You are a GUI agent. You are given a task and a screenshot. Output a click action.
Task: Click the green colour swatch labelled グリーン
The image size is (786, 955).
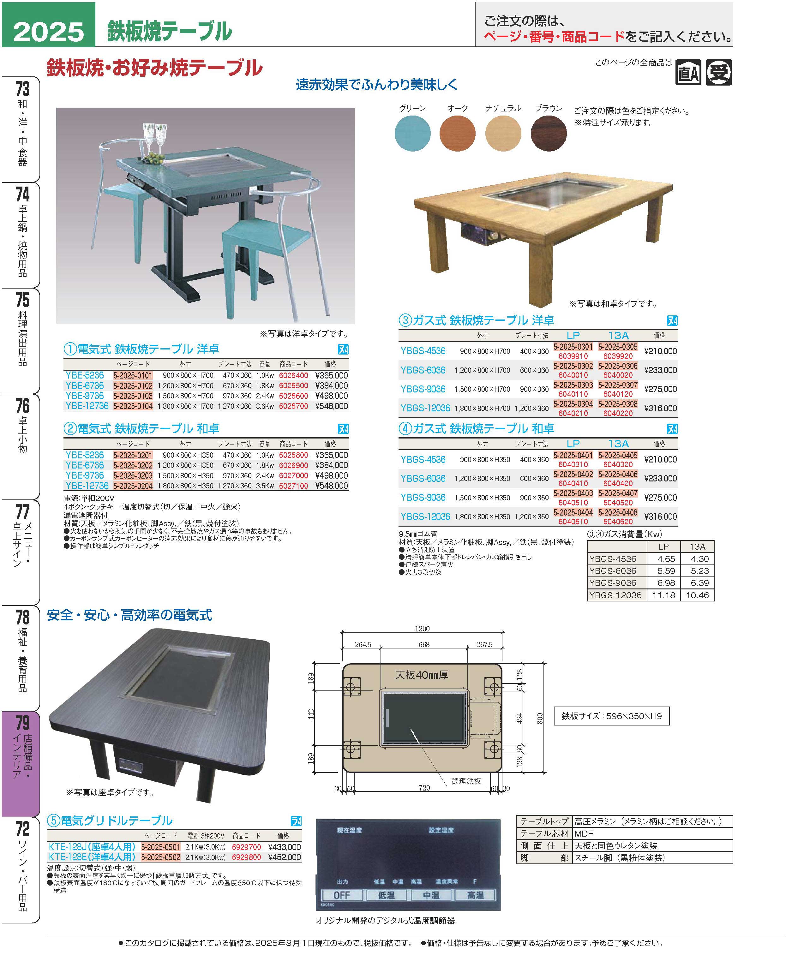click(412, 133)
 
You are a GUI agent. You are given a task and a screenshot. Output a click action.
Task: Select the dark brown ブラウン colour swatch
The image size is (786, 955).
click(548, 133)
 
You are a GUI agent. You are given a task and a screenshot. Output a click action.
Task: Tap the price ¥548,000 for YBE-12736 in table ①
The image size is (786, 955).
click(332, 406)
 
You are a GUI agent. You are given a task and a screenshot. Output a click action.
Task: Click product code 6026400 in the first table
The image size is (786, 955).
click(293, 375)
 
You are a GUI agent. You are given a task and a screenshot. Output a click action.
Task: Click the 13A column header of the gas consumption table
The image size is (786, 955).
click(697, 547)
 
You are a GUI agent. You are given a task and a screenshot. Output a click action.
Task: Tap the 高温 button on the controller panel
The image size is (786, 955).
click(475, 895)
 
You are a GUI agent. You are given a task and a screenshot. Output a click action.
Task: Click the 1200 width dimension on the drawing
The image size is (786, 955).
click(422, 629)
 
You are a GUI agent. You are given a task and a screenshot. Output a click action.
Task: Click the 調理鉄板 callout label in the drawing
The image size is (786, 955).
click(466, 781)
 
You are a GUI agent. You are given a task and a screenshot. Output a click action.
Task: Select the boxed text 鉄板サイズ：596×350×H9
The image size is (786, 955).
click(611, 716)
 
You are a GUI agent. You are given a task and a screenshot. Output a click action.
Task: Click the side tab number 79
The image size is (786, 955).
click(22, 723)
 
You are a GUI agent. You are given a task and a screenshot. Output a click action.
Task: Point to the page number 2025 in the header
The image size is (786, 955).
click(48, 31)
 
